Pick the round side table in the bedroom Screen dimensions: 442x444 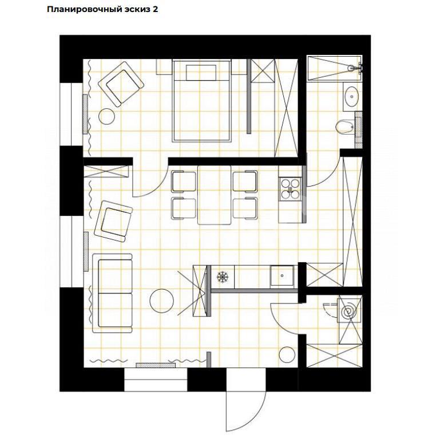coord(108,116)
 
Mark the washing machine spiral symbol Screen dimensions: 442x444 coord(348,312)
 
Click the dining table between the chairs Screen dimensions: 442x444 coord(215,195)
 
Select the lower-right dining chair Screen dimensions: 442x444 coord(245,208)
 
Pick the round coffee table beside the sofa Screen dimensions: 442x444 coord(162,300)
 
